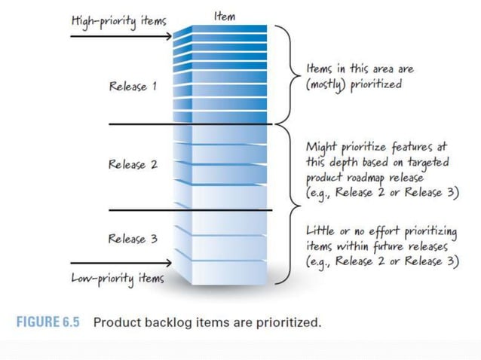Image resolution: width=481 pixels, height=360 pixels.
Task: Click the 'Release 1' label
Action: click(x=133, y=87)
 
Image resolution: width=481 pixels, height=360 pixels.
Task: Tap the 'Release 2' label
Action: click(x=133, y=164)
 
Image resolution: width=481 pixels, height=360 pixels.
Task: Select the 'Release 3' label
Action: click(x=133, y=239)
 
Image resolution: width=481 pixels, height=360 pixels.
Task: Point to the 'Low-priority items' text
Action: click(x=117, y=278)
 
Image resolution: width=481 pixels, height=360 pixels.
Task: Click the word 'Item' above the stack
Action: click(x=224, y=17)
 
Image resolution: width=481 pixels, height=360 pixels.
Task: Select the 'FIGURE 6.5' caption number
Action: click(x=49, y=322)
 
